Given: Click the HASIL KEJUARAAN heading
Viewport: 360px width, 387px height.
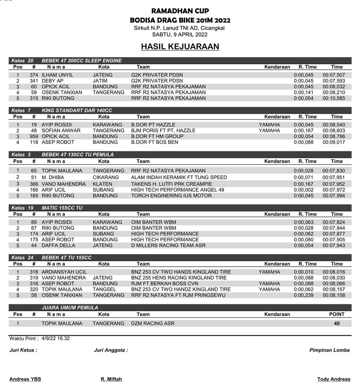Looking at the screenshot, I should (x=180, y=47).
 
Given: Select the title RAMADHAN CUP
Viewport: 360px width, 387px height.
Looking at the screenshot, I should (x=180, y=11).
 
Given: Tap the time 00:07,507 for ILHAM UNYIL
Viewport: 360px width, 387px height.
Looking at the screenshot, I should (x=334, y=75).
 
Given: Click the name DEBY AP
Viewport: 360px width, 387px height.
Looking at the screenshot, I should (x=53, y=81).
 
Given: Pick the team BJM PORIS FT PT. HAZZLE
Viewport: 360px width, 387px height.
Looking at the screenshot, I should (x=163, y=131).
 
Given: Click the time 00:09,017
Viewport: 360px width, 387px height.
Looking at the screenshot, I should (x=334, y=142).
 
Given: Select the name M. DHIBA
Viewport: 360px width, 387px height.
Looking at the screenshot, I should (x=53, y=177).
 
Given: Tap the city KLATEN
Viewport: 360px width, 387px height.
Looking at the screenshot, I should (x=102, y=184).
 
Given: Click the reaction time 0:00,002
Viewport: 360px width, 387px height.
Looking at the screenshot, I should (x=303, y=190).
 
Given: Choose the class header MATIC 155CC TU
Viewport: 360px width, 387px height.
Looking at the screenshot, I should (x=62, y=208).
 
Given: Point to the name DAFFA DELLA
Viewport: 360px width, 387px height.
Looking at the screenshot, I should (x=58, y=245).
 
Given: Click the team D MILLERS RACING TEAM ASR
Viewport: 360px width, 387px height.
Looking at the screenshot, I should (x=168, y=245).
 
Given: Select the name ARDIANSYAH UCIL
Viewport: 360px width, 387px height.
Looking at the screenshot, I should (x=64, y=272).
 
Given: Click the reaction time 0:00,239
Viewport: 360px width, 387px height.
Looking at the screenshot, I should (x=303, y=295).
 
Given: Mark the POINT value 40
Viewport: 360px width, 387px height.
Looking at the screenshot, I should (x=337, y=323).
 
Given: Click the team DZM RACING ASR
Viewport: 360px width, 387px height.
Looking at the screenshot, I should (x=153, y=323).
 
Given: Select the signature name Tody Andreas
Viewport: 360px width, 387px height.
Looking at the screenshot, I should (x=333, y=379).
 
